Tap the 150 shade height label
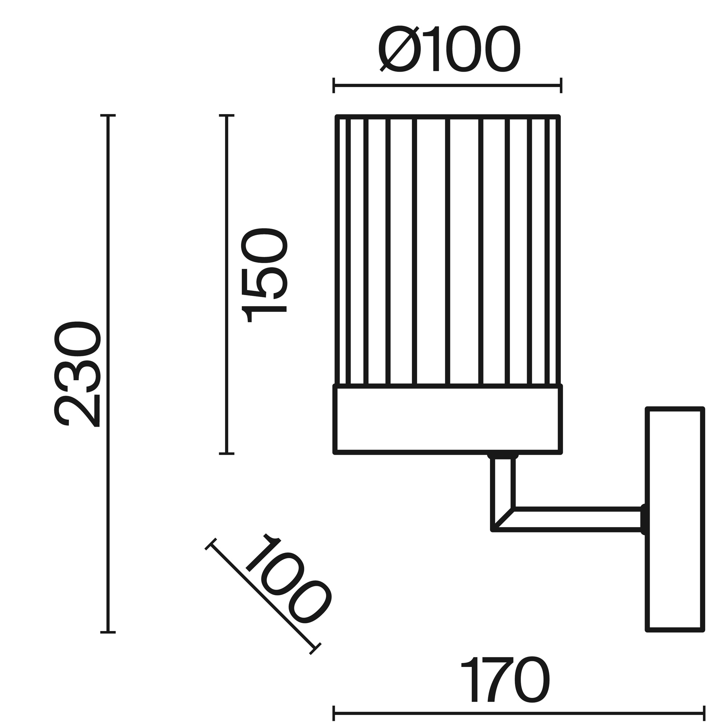pos(264,276)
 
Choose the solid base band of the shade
pos(448,419)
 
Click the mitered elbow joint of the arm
pos(503,520)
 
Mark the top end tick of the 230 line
pos(108,116)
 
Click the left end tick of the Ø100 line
pos(334,85)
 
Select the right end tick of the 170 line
pos(704,712)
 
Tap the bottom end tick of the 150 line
pos(226,453)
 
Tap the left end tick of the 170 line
pos(334,712)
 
